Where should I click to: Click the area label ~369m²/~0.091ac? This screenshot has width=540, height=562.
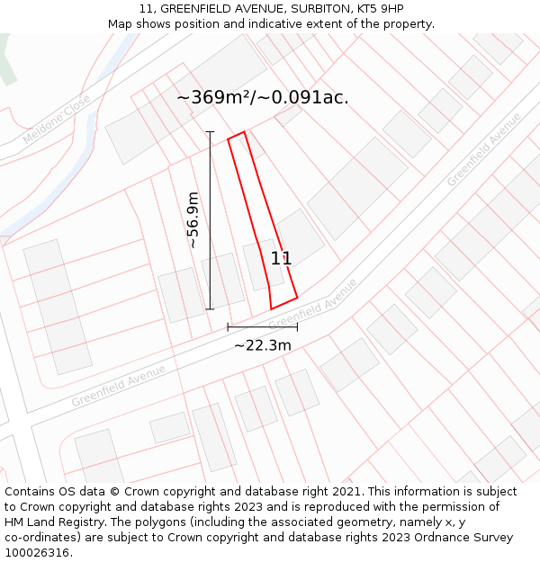tap(262, 98)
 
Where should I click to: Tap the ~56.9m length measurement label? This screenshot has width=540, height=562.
tap(193, 220)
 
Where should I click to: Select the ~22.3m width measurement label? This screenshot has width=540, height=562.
tap(263, 345)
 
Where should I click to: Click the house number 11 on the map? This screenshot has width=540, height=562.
tap(281, 258)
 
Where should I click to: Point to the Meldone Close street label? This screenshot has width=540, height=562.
tap(56, 120)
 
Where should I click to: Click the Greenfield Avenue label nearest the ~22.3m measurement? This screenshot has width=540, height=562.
tap(312, 304)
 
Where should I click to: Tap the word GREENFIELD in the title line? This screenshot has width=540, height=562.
tap(201, 9)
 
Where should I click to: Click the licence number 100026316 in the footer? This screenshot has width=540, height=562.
tap(37, 553)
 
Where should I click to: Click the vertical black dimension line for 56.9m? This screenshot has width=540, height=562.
tap(211, 220)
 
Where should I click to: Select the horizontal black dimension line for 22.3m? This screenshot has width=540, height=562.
tap(262, 327)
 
